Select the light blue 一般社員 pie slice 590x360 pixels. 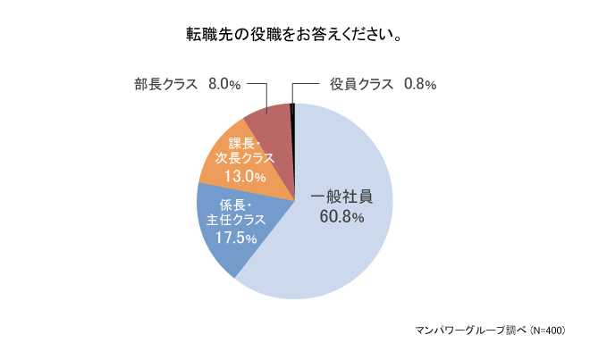pyautogui.click(x=358, y=250)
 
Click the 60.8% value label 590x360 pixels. pyautogui.click(x=341, y=215)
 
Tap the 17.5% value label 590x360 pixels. pyautogui.click(x=236, y=239)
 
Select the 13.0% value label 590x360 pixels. pyautogui.click(x=245, y=176)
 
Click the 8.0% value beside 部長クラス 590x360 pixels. pyautogui.click(x=223, y=85)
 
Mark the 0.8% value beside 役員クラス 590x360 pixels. pyautogui.click(x=418, y=85)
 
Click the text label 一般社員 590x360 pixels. pyautogui.click(x=341, y=196)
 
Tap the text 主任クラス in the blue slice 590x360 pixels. pyautogui.click(x=236, y=220)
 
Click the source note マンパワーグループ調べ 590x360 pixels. pyautogui.click(x=470, y=330)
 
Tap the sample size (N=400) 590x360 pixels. pyautogui.click(x=547, y=330)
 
